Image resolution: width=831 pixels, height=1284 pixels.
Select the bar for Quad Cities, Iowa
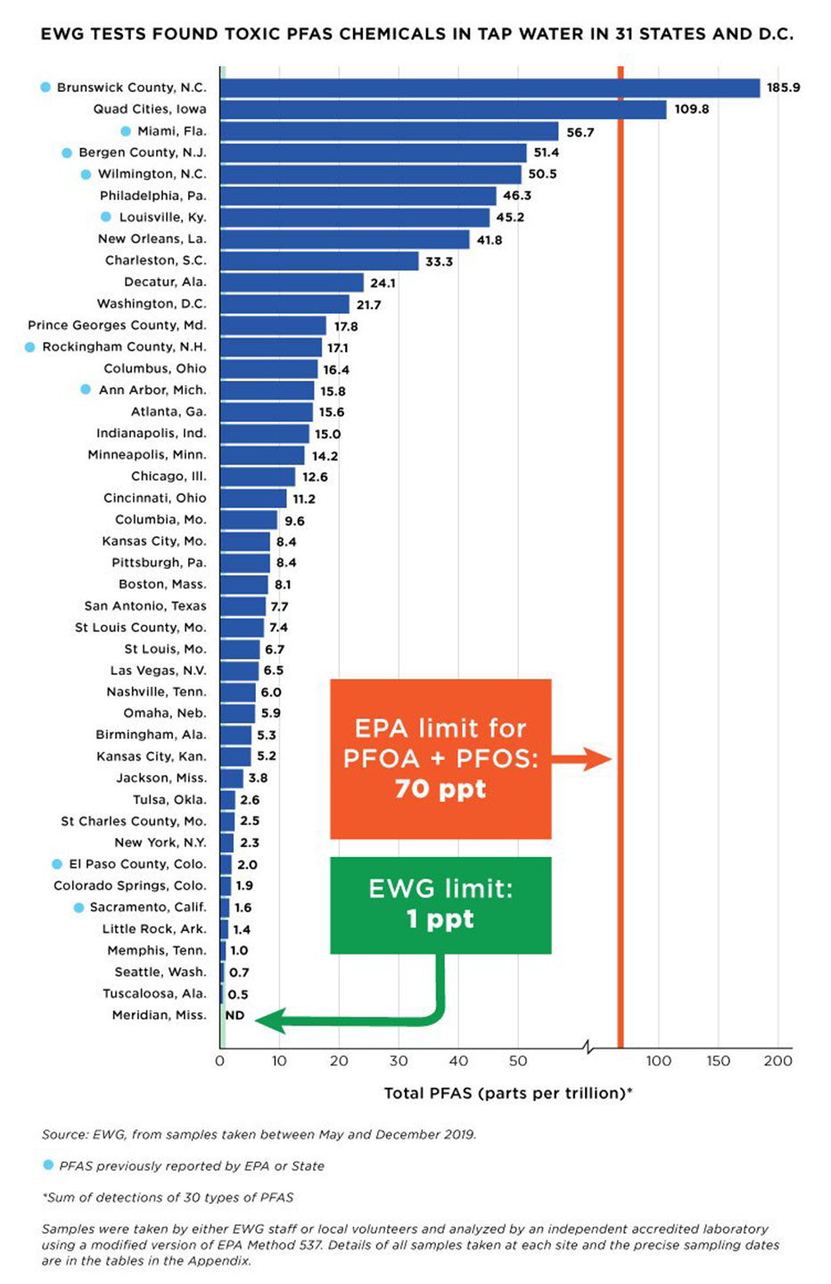click(x=442, y=110)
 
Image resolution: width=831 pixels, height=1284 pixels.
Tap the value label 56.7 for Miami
click(x=580, y=132)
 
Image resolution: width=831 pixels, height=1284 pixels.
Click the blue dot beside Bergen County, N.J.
click(x=67, y=152)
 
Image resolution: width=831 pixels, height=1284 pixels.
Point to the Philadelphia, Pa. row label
click(x=152, y=195)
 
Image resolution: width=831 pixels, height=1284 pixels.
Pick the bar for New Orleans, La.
click(x=344, y=239)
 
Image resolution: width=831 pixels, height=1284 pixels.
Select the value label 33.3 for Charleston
click(x=439, y=261)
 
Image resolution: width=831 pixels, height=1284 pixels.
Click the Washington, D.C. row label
click(x=152, y=303)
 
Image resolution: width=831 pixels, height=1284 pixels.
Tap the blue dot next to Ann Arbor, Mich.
click(x=86, y=390)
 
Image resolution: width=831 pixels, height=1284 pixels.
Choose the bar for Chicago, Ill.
click(x=257, y=476)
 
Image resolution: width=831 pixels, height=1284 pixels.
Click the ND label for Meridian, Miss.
click(x=234, y=1015)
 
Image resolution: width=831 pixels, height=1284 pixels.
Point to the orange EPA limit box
click(x=440, y=758)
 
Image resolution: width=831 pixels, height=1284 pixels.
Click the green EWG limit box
click(x=440, y=904)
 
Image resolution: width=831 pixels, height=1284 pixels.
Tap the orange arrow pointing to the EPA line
click(x=584, y=759)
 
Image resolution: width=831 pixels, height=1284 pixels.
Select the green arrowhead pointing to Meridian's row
click(x=270, y=1020)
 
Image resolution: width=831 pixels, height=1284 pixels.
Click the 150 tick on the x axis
click(x=718, y=1061)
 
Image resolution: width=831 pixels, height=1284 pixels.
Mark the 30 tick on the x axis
click(x=399, y=1061)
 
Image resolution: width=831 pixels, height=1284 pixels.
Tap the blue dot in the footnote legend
click(x=48, y=1165)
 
